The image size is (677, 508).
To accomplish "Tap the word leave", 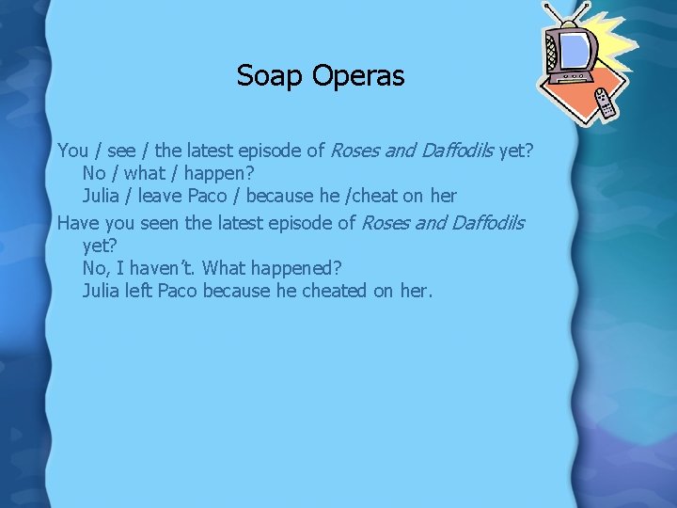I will (157, 197).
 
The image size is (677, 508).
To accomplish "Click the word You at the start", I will (73, 150).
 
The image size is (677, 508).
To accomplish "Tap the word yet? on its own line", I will (100, 246).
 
